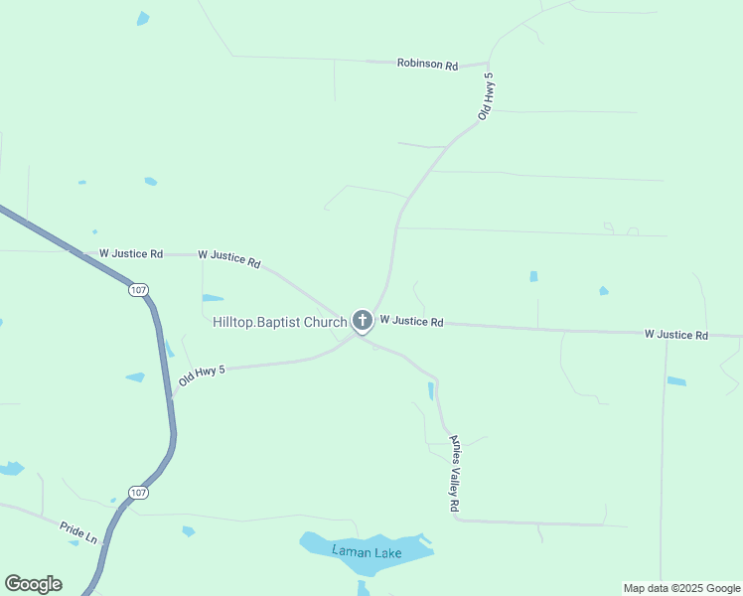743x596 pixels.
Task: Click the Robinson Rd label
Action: pyautogui.click(x=427, y=65)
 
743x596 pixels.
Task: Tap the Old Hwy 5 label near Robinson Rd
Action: pyautogui.click(x=486, y=96)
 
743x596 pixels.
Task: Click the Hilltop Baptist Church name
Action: pyautogui.click(x=279, y=322)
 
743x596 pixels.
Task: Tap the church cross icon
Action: pyautogui.click(x=362, y=320)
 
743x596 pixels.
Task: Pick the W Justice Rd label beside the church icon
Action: pyautogui.click(x=411, y=321)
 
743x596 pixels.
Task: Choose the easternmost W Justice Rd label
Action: pyautogui.click(x=675, y=335)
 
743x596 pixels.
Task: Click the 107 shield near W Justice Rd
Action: pyautogui.click(x=138, y=289)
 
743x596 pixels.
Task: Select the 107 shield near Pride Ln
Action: pyautogui.click(x=139, y=493)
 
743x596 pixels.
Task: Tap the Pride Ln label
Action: pyautogui.click(x=78, y=532)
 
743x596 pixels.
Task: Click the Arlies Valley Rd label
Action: pyautogui.click(x=455, y=474)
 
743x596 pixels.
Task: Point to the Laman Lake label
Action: pyautogui.click(x=367, y=552)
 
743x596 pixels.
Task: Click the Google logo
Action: pyautogui.click(x=34, y=584)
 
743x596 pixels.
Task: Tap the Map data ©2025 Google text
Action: pyautogui.click(x=681, y=588)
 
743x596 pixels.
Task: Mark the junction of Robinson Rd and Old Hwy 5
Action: pyautogui.click(x=490, y=64)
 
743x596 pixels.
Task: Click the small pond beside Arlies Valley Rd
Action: pyautogui.click(x=431, y=390)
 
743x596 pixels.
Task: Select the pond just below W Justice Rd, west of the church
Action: pyautogui.click(x=213, y=297)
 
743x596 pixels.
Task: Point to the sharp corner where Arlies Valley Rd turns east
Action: pyautogui.click(x=455, y=520)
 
